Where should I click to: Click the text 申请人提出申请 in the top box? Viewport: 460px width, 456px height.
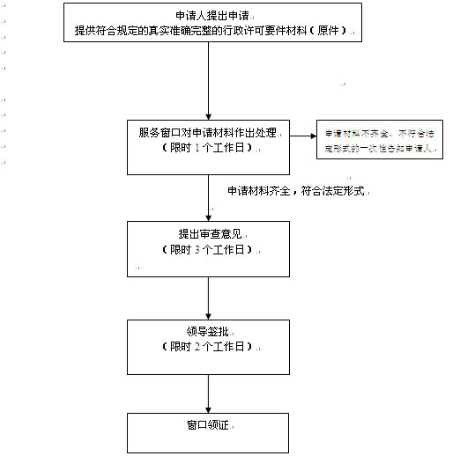tap(207, 16)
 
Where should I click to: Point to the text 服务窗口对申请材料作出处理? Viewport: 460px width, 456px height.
tap(207, 134)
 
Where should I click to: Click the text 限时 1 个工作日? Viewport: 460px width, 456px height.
tap(208, 148)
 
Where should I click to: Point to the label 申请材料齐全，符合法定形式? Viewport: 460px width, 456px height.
tap(295, 190)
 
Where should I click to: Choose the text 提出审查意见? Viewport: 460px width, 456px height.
tap(207, 235)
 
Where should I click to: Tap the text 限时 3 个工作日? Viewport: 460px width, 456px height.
tap(208, 249)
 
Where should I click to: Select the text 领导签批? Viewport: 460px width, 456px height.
tap(208, 334)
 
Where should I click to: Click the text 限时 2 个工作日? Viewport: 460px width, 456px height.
tap(208, 348)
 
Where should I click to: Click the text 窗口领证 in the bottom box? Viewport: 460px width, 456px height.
tap(207, 425)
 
